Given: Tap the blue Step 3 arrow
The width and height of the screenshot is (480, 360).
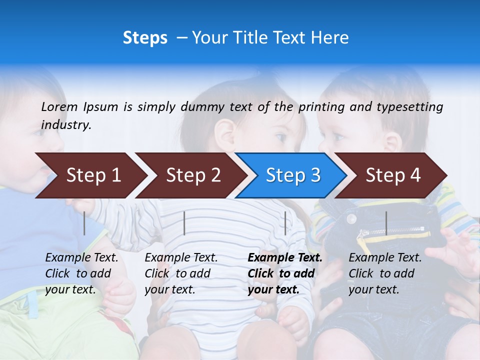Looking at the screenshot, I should tap(293, 175).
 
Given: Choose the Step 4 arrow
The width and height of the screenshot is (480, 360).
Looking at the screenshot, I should tap(393, 175).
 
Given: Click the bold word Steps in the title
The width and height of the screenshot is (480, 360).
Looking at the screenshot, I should tap(145, 38).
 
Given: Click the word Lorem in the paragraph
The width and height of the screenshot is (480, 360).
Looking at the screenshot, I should tap(59, 106).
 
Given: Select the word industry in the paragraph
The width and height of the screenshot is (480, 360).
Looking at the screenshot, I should tap(66, 125).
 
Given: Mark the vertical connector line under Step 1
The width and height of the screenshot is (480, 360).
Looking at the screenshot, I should tap(84, 223).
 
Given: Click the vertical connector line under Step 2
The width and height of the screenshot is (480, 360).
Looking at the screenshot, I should tap(184, 223).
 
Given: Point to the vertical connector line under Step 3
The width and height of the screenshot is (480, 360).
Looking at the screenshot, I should tap(285, 223).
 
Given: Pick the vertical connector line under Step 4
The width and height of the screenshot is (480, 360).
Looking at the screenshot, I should tap(386, 223).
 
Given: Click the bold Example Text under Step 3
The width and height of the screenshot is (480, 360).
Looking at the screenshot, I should tap(285, 258).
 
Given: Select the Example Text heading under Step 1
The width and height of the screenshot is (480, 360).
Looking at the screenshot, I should tap(81, 258).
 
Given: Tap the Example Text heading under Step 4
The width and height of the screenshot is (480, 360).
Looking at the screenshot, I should tap(385, 258).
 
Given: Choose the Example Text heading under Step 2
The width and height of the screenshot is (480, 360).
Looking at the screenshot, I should tap(181, 258).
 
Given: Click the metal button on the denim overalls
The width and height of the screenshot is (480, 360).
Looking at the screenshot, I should tap(352, 218).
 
